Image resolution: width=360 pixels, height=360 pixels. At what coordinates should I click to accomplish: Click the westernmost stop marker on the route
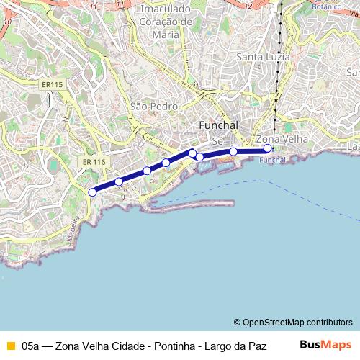[92, 192]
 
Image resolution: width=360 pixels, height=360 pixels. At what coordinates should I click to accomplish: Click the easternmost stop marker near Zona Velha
[268, 148]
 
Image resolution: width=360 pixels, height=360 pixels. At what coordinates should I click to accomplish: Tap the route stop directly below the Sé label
[233, 151]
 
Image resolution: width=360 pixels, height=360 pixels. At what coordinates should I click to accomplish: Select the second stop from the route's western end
[119, 181]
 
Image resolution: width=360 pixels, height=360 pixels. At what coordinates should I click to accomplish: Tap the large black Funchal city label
[217, 125]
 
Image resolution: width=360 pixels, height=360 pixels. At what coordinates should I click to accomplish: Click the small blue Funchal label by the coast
[272, 160]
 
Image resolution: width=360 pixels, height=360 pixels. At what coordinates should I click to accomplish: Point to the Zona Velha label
[282, 138]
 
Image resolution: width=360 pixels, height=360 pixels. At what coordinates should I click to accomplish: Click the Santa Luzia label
[264, 56]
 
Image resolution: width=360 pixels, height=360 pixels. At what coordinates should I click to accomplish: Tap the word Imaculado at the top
[166, 9]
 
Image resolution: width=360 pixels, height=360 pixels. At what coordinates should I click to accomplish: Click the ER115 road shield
[52, 84]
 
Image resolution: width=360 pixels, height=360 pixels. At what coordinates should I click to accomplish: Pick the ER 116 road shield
[94, 162]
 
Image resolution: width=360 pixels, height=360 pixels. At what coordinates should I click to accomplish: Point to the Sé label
[217, 141]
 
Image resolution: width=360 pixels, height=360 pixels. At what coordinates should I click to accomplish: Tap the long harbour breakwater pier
[191, 204]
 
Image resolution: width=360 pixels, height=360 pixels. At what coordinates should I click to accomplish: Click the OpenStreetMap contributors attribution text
[293, 323]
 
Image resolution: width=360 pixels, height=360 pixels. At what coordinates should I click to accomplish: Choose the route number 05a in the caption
[30, 346]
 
